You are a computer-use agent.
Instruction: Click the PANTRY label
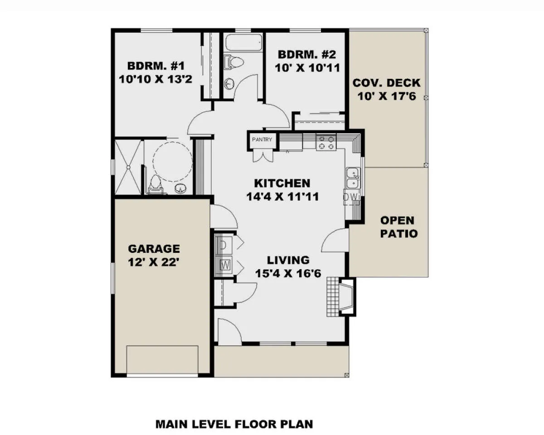coord(262,140)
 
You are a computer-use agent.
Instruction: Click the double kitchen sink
coord(353,178)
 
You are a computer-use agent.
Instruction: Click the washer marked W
coord(223,265)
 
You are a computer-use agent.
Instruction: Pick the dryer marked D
coord(223,245)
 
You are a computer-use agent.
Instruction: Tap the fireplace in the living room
coord(341,297)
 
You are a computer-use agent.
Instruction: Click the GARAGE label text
coord(154,249)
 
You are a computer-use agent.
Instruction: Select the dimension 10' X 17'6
coord(387,97)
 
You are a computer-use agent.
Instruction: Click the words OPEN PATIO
coord(399,227)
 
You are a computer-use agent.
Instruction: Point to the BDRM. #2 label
coord(307,54)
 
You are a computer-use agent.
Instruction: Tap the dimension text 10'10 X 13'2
coord(155,79)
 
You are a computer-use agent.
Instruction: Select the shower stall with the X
coord(128,167)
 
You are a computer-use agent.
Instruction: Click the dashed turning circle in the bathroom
coord(173,162)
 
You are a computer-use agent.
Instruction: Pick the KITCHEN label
coord(282,183)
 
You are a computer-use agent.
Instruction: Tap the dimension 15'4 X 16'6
coord(288,274)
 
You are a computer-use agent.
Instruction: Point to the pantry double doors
coord(263,156)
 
